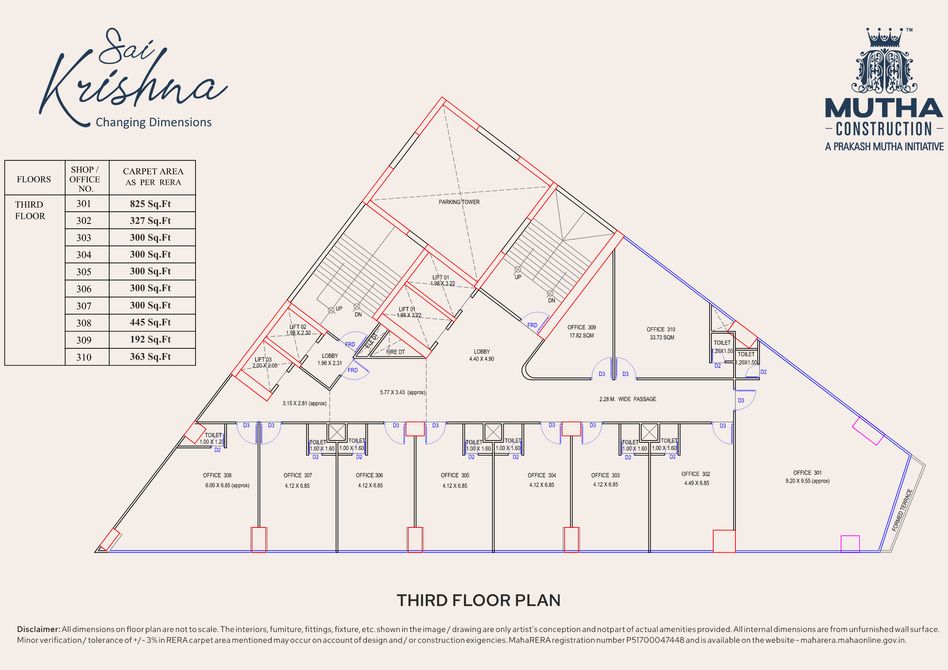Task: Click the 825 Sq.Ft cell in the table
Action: [x=150, y=204]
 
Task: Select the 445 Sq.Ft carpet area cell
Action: [x=150, y=322]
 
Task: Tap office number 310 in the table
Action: [x=84, y=357]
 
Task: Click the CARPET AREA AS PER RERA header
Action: [x=153, y=177]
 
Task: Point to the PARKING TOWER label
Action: [x=459, y=202]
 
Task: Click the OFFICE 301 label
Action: [x=807, y=473]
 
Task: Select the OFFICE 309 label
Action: [x=581, y=327]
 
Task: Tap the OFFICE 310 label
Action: [x=661, y=329]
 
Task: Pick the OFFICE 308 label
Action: [x=217, y=475]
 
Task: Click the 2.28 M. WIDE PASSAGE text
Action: [x=628, y=399]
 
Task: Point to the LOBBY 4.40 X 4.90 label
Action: [x=481, y=355]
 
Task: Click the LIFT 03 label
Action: [x=263, y=359]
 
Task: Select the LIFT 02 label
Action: [x=298, y=326]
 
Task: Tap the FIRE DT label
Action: [x=395, y=352]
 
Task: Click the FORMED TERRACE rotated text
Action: [x=902, y=510]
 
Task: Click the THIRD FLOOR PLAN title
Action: [x=478, y=601]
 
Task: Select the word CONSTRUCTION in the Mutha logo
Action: [x=884, y=129]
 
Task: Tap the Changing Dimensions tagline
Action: [x=154, y=122]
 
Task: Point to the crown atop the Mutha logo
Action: [x=884, y=37]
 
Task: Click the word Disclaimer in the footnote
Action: [x=39, y=629]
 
